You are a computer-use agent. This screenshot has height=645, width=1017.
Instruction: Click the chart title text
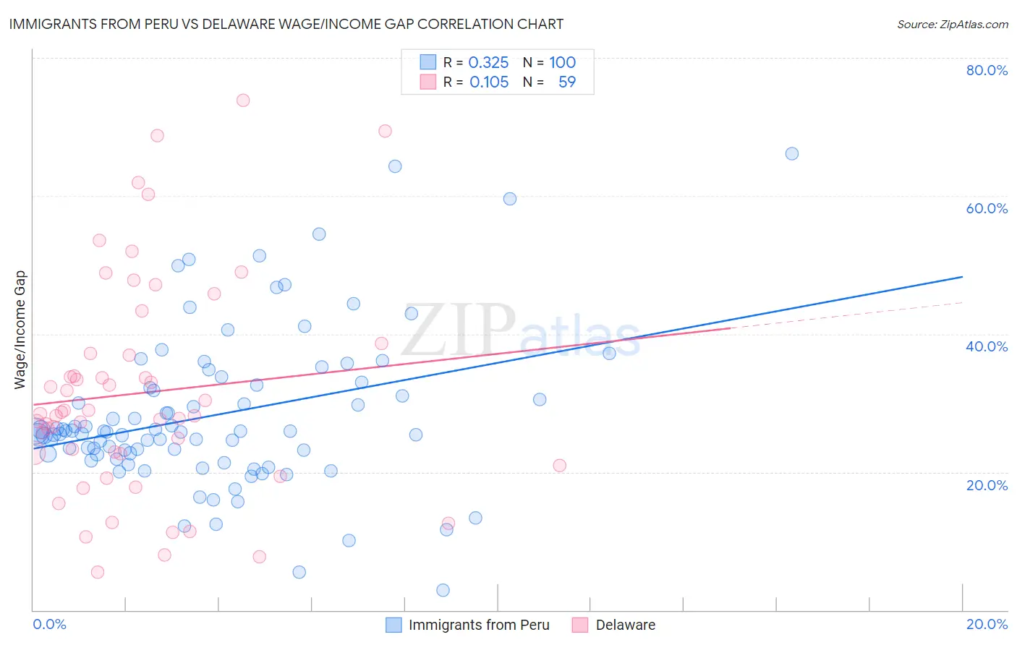pos(286,24)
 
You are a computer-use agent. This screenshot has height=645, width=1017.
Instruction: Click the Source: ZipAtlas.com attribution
pos(952,25)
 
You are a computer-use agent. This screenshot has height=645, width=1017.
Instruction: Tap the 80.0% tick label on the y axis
pos(987,70)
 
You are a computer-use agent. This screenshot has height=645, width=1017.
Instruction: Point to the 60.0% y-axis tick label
pos(987,208)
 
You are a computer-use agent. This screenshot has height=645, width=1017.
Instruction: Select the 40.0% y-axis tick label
pos(987,346)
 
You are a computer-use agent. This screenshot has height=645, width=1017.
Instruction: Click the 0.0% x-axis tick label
pos(49,624)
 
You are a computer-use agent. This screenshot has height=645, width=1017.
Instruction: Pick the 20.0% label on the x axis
pos(987,624)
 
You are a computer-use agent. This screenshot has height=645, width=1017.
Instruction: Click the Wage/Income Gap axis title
pos(20,330)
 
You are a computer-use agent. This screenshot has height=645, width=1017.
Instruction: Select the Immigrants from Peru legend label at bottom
pos(479,625)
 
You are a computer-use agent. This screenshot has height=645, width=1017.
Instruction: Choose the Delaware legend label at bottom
pos(626,625)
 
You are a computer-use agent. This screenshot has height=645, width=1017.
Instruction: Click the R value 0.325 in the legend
pos(488,63)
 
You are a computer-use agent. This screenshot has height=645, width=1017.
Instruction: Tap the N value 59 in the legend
pos(567,82)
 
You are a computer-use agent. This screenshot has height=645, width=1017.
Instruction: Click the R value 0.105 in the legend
pos(489,82)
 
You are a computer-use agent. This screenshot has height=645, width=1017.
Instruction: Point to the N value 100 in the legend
pos(562,63)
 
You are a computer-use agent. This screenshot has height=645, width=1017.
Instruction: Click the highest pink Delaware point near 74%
pos(243,101)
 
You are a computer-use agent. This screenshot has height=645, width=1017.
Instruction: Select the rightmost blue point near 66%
pos(792,154)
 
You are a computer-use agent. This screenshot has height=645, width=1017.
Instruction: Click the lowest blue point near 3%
pos(443,590)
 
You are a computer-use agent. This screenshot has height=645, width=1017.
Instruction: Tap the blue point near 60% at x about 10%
pos(510,199)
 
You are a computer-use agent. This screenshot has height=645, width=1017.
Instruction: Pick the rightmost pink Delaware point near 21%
pos(559,466)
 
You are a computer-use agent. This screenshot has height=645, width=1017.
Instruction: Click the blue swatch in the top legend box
pos(428,62)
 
